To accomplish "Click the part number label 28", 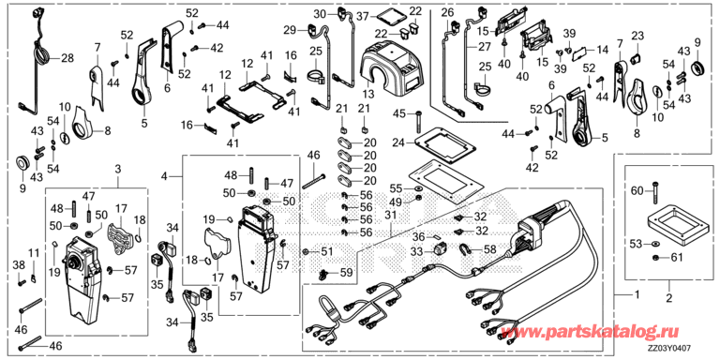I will (67, 59).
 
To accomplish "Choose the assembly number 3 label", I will (117, 169).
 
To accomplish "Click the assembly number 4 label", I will (166, 175).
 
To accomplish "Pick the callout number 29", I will (290, 28).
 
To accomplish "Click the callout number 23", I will (637, 37).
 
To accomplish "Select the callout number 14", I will (602, 48).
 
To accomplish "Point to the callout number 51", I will (325, 251).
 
